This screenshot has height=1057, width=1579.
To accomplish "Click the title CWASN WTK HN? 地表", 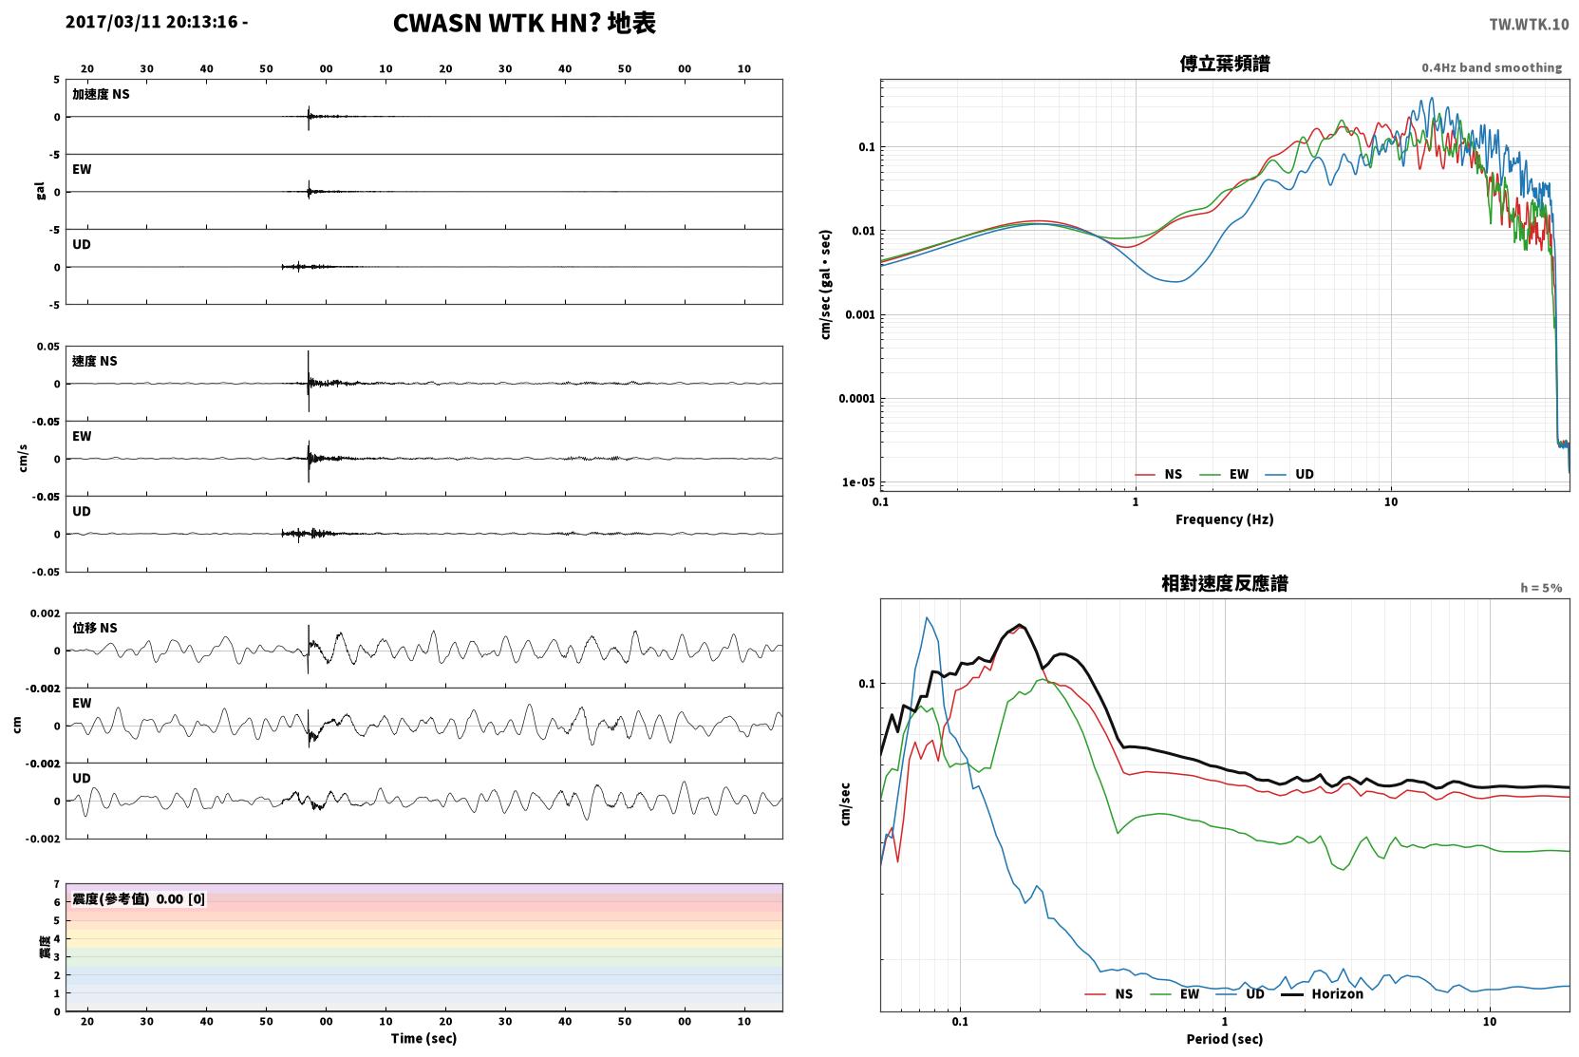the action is point(524,24).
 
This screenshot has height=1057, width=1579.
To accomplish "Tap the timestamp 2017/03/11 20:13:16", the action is point(152,22).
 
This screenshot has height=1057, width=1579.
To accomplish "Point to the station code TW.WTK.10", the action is point(1529,25).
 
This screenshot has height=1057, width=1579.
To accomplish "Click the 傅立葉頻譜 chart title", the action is point(1225,65).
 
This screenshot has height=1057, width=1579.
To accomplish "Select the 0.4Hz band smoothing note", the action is point(1492,67).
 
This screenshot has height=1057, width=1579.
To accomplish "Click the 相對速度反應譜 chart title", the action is point(1225,584).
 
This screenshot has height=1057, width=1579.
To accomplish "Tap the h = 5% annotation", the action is point(1541,588).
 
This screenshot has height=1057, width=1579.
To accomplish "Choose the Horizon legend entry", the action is point(1322,994).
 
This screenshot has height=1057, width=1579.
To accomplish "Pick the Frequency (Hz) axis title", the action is point(1225,519).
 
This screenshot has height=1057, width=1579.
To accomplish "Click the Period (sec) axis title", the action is point(1225,1039).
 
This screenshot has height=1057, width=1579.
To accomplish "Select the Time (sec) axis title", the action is point(423,1039).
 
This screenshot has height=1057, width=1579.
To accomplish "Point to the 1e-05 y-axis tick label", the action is point(858,482).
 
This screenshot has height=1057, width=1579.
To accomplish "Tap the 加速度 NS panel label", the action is point(101,94).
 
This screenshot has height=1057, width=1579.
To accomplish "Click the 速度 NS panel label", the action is point(94,361).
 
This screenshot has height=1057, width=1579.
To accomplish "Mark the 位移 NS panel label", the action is point(94,629).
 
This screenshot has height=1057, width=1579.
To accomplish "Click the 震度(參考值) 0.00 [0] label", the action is point(139,899).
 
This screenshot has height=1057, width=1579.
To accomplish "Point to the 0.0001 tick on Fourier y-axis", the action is point(856,399).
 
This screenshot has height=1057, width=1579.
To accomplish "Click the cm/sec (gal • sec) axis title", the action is point(825,285).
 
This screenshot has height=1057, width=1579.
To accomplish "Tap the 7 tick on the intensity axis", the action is point(57,884).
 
